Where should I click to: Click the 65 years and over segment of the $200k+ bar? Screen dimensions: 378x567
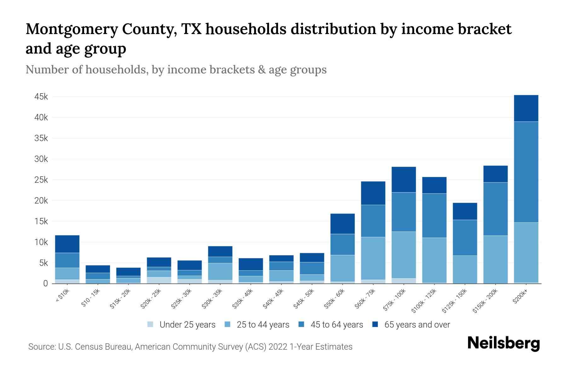[x=526, y=108]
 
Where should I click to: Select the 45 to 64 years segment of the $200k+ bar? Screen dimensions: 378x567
[x=526, y=172]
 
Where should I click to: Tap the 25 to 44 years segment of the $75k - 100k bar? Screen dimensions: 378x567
[x=404, y=255]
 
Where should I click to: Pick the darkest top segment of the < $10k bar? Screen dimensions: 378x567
[x=67, y=244]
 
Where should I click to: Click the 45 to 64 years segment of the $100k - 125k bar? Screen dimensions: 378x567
[x=434, y=215]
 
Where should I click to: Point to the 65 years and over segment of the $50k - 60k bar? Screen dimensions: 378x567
[x=342, y=224]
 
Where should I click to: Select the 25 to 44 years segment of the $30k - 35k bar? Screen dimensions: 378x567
[x=220, y=272]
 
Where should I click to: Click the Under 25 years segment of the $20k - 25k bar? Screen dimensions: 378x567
[x=159, y=280]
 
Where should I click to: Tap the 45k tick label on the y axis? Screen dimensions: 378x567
[x=41, y=97]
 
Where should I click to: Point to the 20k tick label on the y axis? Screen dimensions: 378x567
[x=41, y=201]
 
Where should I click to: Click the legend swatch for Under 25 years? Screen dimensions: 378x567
[x=150, y=324]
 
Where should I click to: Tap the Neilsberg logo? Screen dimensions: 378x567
[x=503, y=343]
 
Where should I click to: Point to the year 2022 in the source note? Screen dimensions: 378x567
[x=278, y=347]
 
